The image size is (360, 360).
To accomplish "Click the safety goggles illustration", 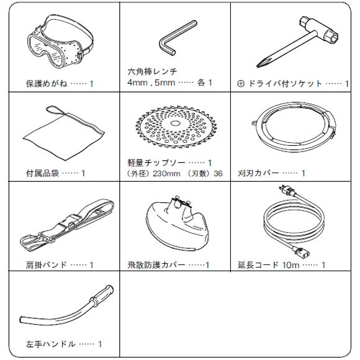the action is [60, 41].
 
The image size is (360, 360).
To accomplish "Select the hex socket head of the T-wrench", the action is [331, 37].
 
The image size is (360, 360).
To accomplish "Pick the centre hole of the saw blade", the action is [175, 124].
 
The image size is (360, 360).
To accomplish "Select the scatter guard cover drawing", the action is [178, 224].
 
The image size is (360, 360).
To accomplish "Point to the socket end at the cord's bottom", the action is [299, 251].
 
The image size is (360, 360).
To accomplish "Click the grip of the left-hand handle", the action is [102, 295].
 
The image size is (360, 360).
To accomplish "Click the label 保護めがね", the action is [47, 84].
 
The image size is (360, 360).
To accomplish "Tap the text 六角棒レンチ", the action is [153, 71].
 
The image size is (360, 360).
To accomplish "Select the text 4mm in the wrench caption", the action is [138, 83].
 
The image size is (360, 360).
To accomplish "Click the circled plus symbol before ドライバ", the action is [241, 84].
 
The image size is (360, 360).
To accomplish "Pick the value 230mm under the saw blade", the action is [166, 174].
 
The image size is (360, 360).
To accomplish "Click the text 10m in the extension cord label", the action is [290, 265].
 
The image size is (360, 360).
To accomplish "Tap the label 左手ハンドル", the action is [50, 344].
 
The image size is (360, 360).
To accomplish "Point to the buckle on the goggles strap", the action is [81, 55].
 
